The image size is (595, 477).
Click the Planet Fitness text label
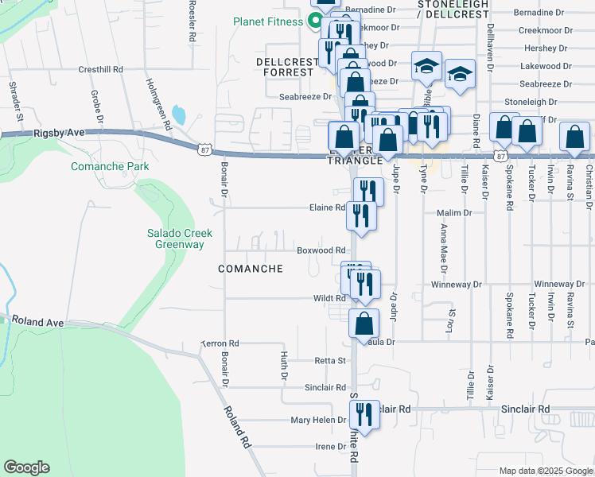[268, 21]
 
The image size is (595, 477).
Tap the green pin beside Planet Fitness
[314, 21]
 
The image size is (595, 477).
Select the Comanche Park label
[110, 166]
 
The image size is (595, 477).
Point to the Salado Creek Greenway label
[175, 238]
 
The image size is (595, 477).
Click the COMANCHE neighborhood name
[251, 269]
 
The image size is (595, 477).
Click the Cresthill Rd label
[100, 70]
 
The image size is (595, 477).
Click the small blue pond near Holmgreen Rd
[179, 115]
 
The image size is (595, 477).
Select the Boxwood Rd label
[321, 250]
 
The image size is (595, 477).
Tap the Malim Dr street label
[455, 213]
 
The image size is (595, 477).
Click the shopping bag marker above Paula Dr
[364, 324]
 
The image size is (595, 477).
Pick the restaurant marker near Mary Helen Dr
[364, 414]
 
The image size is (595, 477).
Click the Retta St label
[330, 360]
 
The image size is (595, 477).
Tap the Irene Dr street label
[331, 447]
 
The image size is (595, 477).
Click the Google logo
[26, 467]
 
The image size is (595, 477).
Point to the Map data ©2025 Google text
[545, 471]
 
